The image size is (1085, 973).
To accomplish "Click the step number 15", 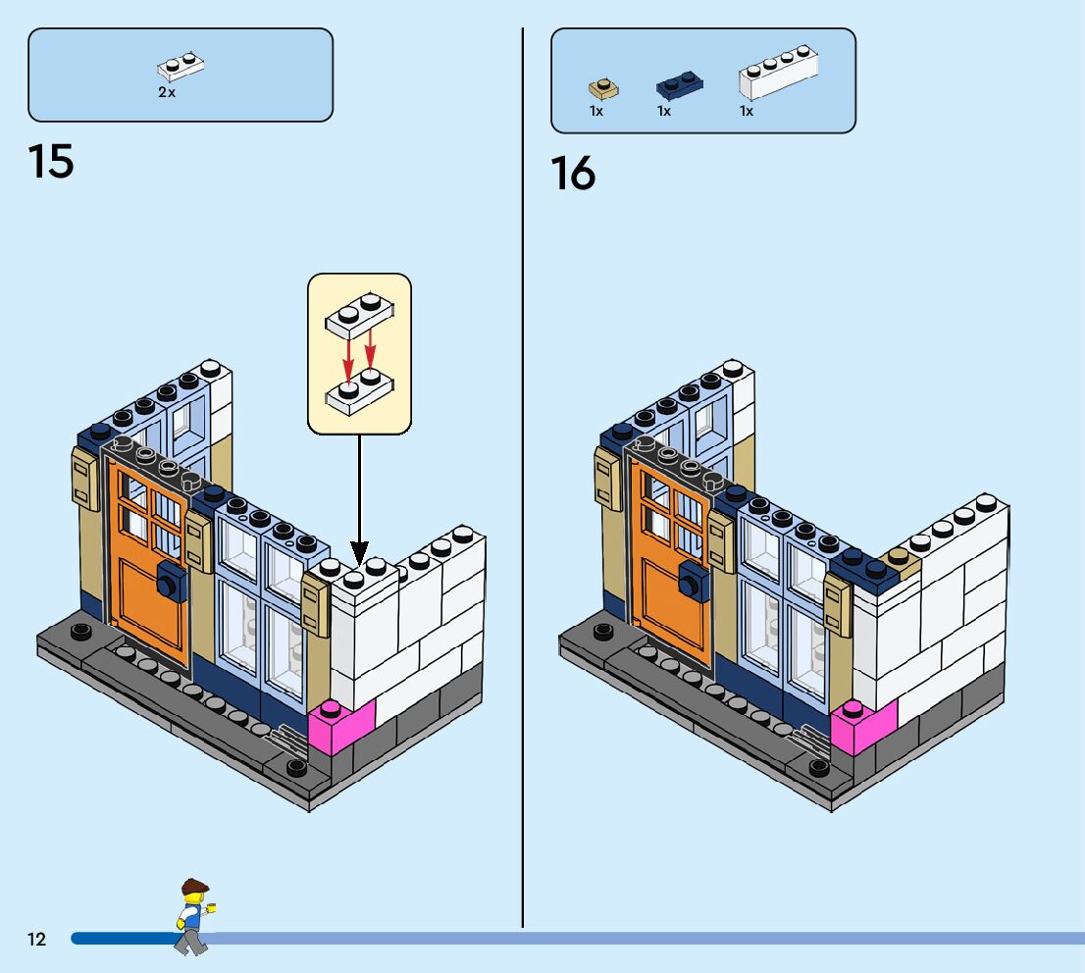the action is [x=51, y=161].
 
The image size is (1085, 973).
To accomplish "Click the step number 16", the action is [x=573, y=174].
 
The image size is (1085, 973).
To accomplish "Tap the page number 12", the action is [x=36, y=940].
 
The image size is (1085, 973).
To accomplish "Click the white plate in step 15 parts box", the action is [x=181, y=68].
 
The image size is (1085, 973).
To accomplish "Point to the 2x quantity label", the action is [x=167, y=92].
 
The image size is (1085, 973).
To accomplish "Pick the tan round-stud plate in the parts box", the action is [x=603, y=89].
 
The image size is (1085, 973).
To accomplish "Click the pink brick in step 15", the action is [x=341, y=727].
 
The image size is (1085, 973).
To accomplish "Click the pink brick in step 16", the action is [x=863, y=727].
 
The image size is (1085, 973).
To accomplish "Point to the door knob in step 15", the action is [x=168, y=585].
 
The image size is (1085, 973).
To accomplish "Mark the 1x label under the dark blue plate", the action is [x=664, y=112].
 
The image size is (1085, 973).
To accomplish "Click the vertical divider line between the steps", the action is [x=523, y=490].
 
